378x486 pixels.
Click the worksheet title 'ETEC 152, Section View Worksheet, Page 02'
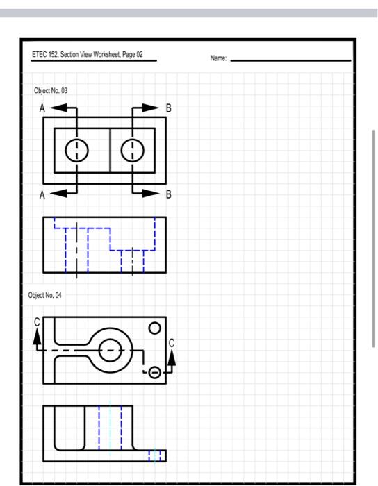point(87,55)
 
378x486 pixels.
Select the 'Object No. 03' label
point(51,91)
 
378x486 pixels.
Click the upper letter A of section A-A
point(42,108)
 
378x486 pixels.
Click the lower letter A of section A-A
point(42,195)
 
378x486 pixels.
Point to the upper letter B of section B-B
point(167,108)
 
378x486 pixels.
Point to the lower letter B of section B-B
point(167,195)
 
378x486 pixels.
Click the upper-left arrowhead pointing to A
point(58,108)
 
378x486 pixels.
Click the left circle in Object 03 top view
point(76,150)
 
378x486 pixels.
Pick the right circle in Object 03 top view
point(132,150)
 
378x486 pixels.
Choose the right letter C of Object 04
point(172,342)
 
